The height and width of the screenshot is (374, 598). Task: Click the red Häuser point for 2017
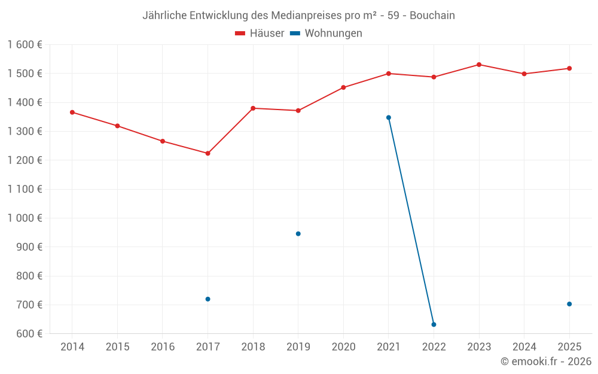208,153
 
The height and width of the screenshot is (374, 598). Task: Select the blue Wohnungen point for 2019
298,233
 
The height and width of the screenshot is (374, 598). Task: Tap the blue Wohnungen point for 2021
389,117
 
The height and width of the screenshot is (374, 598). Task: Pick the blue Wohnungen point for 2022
434,324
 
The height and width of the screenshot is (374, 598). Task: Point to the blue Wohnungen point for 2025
569,304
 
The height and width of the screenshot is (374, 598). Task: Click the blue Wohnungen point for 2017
208,299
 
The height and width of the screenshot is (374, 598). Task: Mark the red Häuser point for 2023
479,65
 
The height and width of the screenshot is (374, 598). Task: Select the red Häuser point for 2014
72,112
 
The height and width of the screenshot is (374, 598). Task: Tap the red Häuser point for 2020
343,87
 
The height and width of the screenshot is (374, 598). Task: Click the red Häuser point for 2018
253,108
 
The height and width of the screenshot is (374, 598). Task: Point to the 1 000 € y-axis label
25,218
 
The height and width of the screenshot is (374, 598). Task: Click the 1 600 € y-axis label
25,45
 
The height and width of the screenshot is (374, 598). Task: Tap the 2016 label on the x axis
163,346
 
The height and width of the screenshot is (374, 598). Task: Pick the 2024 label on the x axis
524,346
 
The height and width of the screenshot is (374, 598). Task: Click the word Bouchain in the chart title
432,16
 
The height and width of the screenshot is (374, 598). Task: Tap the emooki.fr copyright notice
546,361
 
